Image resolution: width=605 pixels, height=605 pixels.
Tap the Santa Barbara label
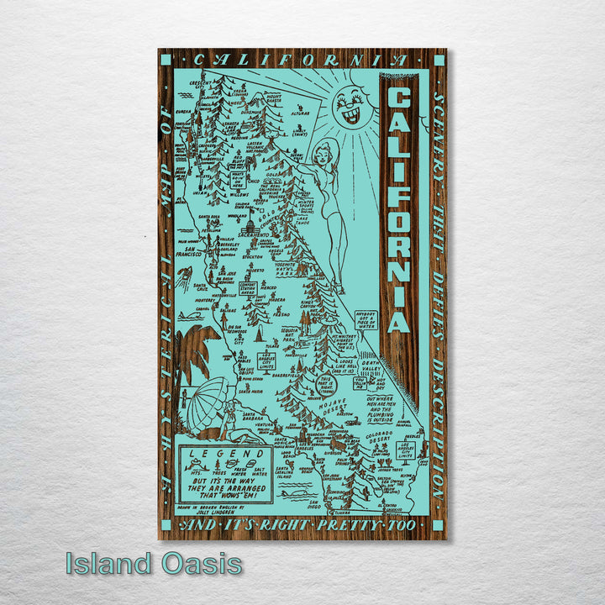tap(243, 417)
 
